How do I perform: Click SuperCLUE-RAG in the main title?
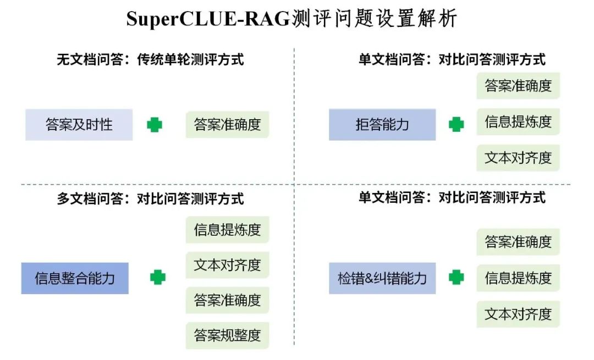pyautogui.click(x=208, y=19)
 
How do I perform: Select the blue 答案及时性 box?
pyautogui.click(x=79, y=125)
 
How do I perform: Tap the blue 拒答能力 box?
pyautogui.click(x=382, y=125)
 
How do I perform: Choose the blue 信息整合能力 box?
pyautogui.click(x=75, y=278)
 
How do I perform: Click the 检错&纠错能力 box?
pyautogui.click(x=382, y=278)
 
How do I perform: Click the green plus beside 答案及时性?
pyautogui.click(x=155, y=125)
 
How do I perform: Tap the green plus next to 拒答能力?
pyautogui.click(x=456, y=124)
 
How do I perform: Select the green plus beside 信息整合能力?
pyautogui.click(x=158, y=277)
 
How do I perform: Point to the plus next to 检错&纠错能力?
pyautogui.click(x=456, y=277)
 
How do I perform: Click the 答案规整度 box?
pyautogui.click(x=227, y=335)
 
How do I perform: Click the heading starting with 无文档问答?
pyautogui.click(x=150, y=59)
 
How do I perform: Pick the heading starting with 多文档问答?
pyautogui.click(x=150, y=198)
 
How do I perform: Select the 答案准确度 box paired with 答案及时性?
pyautogui.click(x=227, y=125)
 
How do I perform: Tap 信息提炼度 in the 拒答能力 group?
pyautogui.click(x=518, y=121)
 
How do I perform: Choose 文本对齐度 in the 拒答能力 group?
pyautogui.click(x=518, y=158)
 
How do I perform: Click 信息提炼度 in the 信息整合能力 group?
pyautogui.click(x=227, y=230)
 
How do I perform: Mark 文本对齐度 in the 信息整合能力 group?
pyautogui.click(x=227, y=265)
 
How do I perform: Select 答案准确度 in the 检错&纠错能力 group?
pyautogui.click(x=518, y=242)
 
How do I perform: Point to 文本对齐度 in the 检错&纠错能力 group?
pyautogui.click(x=518, y=314)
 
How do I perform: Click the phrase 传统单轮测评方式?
pyautogui.click(x=190, y=59)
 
